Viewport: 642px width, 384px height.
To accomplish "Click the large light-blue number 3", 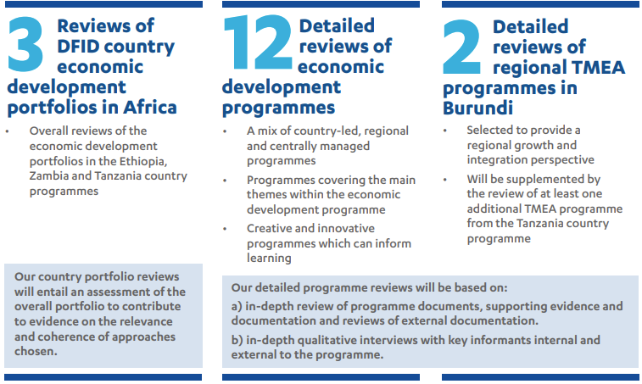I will pyautogui.click(x=25, y=46).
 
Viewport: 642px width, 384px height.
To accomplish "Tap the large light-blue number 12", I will pyautogui.click(x=258, y=46).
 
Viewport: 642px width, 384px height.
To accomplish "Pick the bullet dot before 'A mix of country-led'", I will pyautogui.click(x=225, y=132).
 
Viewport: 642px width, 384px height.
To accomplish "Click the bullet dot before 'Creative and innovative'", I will pyautogui.click(x=225, y=229).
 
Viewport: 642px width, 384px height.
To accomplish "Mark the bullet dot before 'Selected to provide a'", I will pyautogui.click(x=444, y=131).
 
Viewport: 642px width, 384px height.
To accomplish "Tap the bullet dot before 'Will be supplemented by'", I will pyautogui.click(x=444, y=180).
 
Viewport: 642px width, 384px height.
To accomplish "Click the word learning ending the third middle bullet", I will pyautogui.click(x=269, y=259).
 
